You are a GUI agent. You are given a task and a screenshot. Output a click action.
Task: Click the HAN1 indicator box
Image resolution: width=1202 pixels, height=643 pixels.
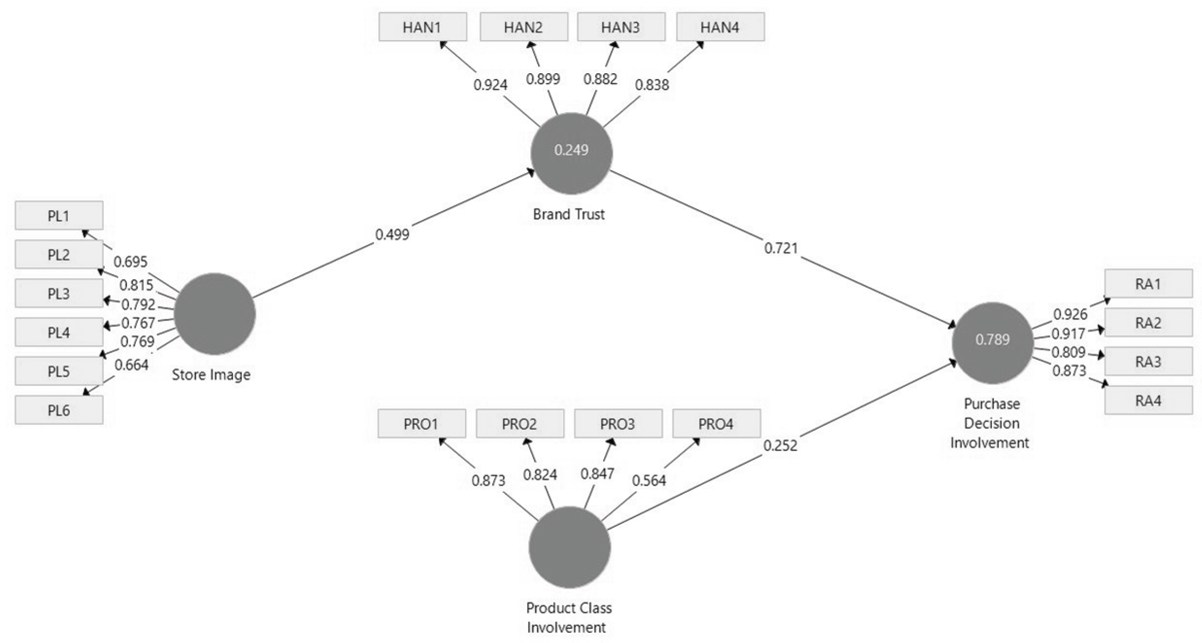422,27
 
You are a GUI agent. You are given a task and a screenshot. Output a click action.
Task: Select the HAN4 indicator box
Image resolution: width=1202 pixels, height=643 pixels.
720,27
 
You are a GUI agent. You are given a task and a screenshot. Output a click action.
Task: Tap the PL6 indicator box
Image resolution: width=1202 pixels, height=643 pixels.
59,410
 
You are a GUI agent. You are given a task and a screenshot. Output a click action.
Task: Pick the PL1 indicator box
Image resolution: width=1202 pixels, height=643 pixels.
59,215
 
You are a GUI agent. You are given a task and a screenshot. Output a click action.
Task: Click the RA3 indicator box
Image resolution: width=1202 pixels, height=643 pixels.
1148,361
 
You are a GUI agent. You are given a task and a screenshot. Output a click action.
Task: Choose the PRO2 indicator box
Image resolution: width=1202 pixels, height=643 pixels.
519,424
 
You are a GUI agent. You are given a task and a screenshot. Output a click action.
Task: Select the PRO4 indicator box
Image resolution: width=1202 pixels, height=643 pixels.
716,424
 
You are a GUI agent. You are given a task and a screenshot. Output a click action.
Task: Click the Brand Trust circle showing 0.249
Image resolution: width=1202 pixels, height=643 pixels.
571,153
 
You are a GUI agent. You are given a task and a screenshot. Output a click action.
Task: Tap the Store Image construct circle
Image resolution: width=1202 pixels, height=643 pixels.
214,314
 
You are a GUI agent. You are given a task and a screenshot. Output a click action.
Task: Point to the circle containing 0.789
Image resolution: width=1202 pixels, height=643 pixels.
992,343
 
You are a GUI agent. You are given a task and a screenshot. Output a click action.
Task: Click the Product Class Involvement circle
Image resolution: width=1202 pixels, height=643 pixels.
570,547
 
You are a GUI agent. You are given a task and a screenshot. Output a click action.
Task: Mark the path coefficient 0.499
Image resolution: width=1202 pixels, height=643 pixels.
392,235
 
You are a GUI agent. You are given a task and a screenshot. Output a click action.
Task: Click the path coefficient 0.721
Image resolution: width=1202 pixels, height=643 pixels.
781,248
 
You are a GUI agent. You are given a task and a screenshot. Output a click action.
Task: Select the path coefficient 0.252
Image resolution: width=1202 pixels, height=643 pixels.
780,445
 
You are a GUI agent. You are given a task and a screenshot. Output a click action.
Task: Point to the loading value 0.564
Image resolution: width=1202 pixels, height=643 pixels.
649,480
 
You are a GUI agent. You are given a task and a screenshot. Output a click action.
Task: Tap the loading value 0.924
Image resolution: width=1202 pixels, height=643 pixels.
490,85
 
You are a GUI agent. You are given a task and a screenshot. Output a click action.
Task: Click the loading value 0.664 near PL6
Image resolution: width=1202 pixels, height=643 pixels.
131,365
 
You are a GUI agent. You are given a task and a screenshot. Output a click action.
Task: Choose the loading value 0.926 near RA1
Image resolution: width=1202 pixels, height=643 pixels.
1070,314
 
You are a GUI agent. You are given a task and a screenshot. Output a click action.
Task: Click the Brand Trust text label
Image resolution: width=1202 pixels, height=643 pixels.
568,214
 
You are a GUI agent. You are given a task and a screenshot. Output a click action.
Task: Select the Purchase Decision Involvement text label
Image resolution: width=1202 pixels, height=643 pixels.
990,423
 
